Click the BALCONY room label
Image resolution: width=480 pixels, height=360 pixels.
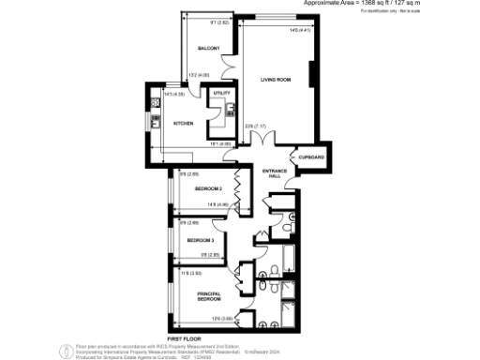(x=208, y=49)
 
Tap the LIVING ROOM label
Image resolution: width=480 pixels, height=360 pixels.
(x=276, y=81)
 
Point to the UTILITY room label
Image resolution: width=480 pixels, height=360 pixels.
(x=221, y=94)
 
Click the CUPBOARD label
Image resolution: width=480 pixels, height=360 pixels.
(x=311, y=156)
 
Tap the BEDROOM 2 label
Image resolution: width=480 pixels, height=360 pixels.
(x=208, y=189)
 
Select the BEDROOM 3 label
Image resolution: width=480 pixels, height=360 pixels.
(x=202, y=240)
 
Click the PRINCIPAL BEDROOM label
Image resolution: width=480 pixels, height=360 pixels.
(x=208, y=297)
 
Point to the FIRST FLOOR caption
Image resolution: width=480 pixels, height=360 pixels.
(x=186, y=337)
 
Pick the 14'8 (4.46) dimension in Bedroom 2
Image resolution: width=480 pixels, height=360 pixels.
(x=221, y=204)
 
